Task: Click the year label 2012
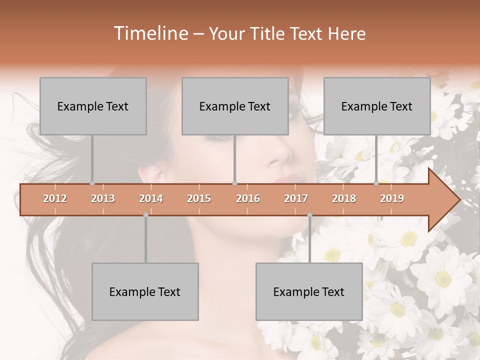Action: tap(55, 198)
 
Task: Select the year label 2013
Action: tap(103, 198)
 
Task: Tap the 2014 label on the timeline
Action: tap(151, 198)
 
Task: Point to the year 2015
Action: tap(199, 198)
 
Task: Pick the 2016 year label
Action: tap(248, 198)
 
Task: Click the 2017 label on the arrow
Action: tap(296, 198)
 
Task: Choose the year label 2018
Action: tap(344, 198)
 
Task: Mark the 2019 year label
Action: tap(392, 198)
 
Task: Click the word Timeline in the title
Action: tap(150, 33)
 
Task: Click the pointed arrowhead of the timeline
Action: tap(445, 199)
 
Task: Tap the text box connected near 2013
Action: tap(93, 106)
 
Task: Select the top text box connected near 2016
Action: tap(235, 106)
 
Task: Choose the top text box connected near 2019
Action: tap(377, 106)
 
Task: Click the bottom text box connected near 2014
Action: tap(145, 291)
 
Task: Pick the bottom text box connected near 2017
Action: tap(309, 291)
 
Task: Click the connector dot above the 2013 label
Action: tap(92, 183)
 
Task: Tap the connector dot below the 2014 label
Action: tap(145, 215)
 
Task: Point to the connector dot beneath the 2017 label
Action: tap(309, 215)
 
